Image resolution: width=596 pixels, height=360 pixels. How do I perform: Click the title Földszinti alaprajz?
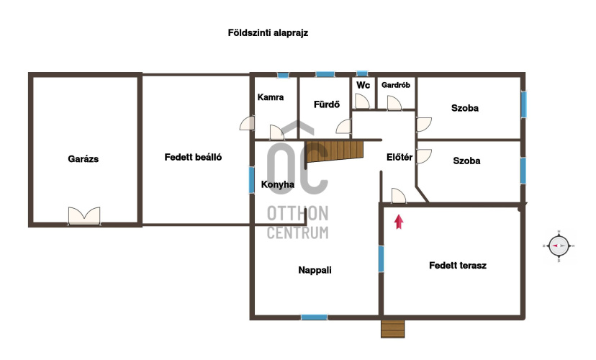pos(268,32)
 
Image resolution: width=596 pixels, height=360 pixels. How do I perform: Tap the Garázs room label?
pos(83,159)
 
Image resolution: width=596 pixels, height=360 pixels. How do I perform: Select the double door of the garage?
pos(84,216)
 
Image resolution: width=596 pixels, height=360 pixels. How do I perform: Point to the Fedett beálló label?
pos(193,157)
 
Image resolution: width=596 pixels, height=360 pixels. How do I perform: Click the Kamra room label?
pos(270,97)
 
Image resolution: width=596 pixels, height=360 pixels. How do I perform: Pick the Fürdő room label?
pos(327,104)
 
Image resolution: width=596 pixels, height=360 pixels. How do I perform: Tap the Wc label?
pos(363,85)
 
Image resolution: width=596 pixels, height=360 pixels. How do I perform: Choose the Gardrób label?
pos(396,85)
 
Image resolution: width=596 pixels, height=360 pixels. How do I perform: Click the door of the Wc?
pos(362,102)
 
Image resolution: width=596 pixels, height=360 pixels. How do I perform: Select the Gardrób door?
pos(394,103)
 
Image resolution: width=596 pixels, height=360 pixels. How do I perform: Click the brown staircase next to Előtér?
pos(335,151)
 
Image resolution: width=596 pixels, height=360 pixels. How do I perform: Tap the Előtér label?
pos(399,157)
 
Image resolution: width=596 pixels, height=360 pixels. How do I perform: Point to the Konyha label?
pos(277,184)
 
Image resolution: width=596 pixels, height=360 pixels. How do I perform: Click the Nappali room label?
pos(315,270)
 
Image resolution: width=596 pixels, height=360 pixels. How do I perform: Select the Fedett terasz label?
pos(458,266)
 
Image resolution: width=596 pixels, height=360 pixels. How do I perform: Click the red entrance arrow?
pos(399,222)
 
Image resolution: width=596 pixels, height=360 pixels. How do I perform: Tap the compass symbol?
pos(559,246)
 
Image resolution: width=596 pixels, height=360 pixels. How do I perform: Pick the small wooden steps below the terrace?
pos(392,329)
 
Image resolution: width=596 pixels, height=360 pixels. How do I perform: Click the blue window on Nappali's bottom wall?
pos(314,317)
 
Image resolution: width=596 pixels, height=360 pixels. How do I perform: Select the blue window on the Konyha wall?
pos(252,180)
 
